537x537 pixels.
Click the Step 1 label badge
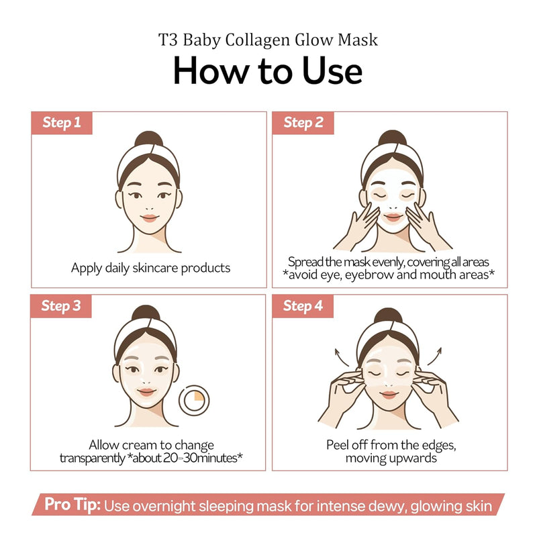coord(62,123)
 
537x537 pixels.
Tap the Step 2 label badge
coord(303,123)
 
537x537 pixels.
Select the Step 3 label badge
coord(62,306)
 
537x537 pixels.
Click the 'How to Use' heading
coord(268,70)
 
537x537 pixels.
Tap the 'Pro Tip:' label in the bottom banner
coord(72,505)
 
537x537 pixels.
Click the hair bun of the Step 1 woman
coord(148,140)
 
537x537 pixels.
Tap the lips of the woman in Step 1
coord(149,217)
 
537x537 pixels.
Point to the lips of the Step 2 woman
coord(391,217)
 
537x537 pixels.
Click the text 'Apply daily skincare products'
coord(150,268)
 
